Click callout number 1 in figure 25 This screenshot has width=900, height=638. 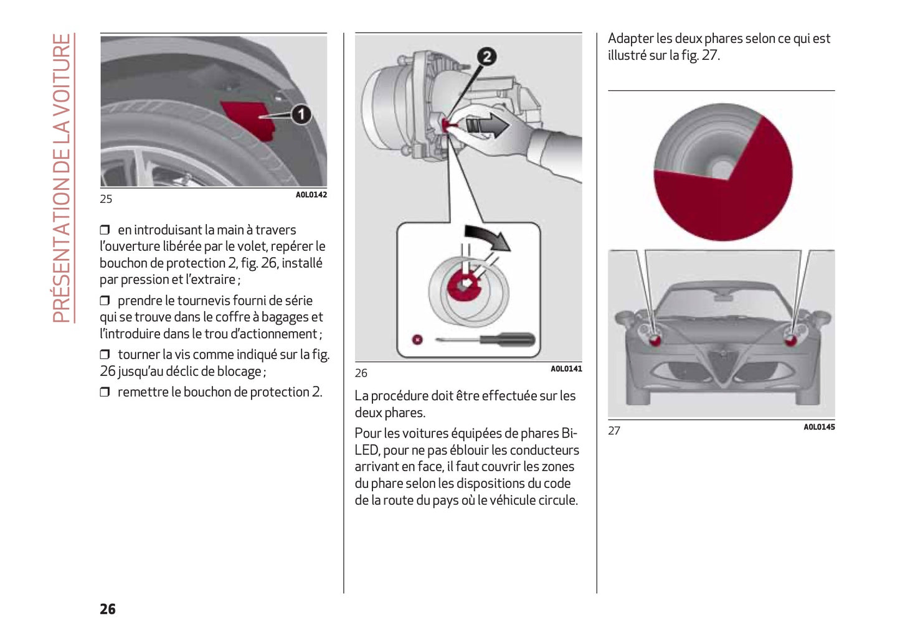click(x=301, y=115)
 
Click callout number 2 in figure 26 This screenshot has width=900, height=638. click(x=487, y=57)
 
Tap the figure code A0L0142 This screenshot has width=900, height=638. click(x=311, y=195)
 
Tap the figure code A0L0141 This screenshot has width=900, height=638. click(x=566, y=369)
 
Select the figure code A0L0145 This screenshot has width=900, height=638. click(x=819, y=427)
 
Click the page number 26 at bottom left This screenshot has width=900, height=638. click(x=108, y=609)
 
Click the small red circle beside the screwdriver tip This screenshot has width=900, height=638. click(x=418, y=339)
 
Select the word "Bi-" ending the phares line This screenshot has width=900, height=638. click(x=569, y=433)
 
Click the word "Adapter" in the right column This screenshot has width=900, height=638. click(x=630, y=39)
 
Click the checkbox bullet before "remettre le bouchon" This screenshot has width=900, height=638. click(x=105, y=392)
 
